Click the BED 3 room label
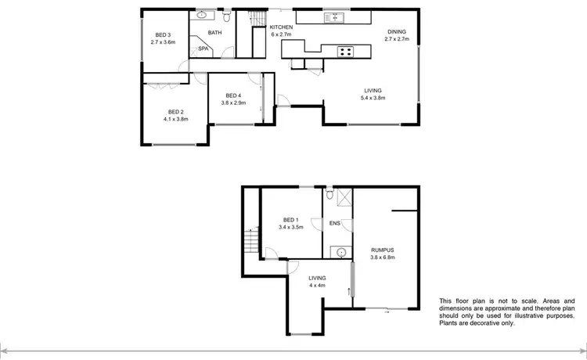[x=163, y=34]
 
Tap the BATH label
[x=215, y=33]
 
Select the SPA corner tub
[x=203, y=49]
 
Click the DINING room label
[x=395, y=31]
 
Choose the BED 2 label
[x=176, y=113]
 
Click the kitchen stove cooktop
[x=344, y=52]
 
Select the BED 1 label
[x=290, y=219]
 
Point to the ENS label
[x=334, y=222]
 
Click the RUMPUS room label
[x=383, y=250]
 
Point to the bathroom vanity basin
[x=201, y=15]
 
